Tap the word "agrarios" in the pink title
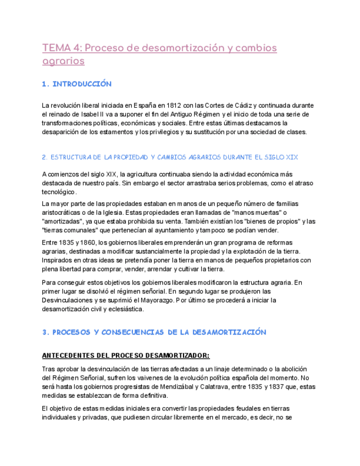click(63, 61)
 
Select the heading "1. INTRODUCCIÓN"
click(77, 84)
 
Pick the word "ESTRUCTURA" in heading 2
click(68, 157)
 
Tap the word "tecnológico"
click(59, 192)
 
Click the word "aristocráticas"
click(64, 213)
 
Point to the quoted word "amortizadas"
click(65, 221)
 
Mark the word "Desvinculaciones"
click(70, 300)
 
